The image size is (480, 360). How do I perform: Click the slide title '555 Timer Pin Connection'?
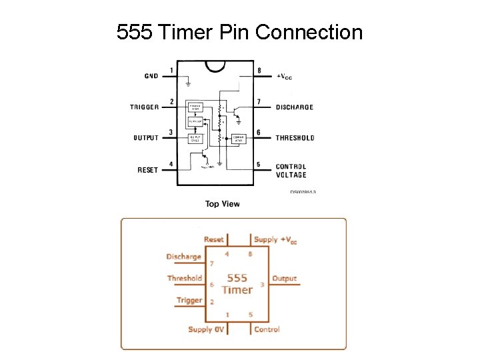point(239,31)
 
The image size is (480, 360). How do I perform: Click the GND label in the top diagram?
point(151,76)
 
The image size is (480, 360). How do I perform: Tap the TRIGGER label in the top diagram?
point(144,107)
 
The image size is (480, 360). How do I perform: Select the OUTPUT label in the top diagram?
point(146,138)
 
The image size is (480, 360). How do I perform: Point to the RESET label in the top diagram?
point(147,169)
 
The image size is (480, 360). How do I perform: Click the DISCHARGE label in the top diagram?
point(294,107)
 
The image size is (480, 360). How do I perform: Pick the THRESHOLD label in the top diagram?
point(295,138)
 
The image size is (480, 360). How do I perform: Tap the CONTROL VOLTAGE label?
point(291,171)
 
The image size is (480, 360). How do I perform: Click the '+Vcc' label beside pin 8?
point(284,77)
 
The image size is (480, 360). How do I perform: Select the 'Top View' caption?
point(222,204)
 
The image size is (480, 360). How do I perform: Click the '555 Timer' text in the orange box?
point(237,283)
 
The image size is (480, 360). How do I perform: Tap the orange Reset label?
point(214,239)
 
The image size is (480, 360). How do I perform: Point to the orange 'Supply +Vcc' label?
point(275,239)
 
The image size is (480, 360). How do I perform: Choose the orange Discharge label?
point(183,257)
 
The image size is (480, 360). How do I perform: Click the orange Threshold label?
point(185,278)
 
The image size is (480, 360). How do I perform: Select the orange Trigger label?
point(189,300)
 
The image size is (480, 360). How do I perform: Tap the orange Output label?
point(284,278)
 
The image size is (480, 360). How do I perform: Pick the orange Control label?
point(267,329)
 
